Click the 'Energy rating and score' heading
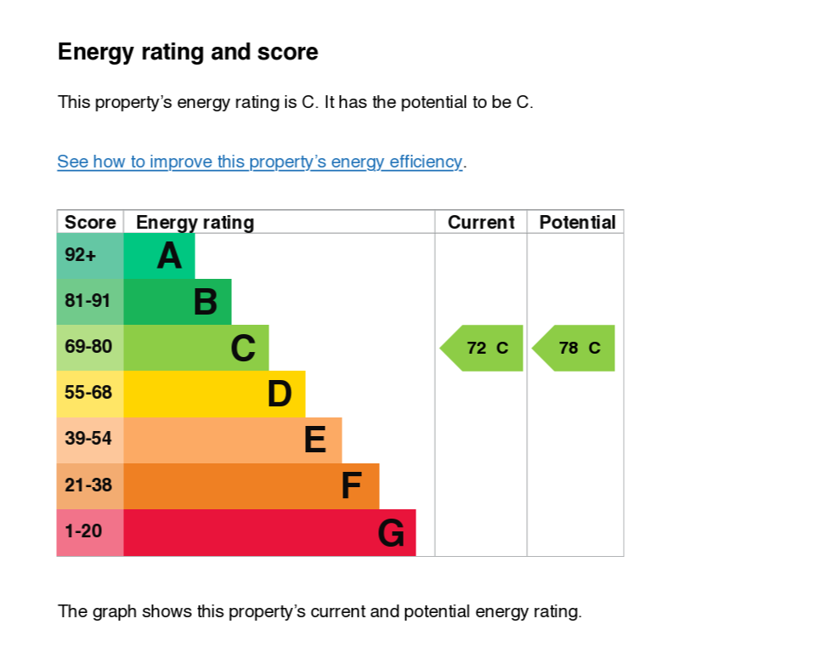point(188,53)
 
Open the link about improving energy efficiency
point(259,162)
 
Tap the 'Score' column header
point(90,222)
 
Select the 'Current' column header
point(481,222)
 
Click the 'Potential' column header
point(577,222)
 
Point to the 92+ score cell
point(90,255)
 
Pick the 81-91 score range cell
point(90,302)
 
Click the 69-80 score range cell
point(90,348)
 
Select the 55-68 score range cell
point(90,394)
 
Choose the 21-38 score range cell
point(90,485)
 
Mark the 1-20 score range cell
point(90,532)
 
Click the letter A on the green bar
point(169,256)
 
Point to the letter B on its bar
point(206,302)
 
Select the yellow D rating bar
point(214,394)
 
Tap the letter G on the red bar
point(391,532)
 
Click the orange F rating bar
point(251,485)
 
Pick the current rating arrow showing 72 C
point(481,348)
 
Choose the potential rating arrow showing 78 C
point(574,348)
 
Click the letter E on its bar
point(315,440)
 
